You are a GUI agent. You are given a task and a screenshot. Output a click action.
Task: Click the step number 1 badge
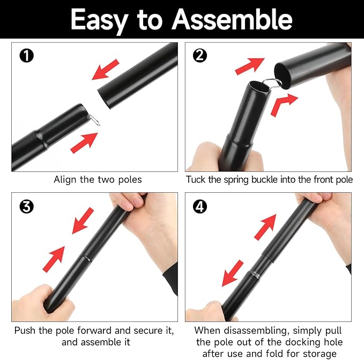coord(27,56)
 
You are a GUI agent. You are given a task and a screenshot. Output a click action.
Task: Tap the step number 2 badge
coord(200,56)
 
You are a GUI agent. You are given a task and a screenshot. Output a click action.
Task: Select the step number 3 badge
coord(27,206)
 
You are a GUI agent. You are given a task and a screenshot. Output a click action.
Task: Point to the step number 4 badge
coord(200,206)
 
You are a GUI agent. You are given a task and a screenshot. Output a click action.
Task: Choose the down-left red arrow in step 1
coord(106,70)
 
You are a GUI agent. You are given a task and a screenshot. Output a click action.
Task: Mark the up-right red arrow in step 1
coord(84,142)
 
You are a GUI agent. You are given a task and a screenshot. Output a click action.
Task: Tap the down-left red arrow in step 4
coord(233,273)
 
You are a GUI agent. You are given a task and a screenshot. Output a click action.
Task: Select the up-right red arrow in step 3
coord(54,259)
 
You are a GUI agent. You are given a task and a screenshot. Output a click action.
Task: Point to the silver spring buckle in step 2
coord(272,84)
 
